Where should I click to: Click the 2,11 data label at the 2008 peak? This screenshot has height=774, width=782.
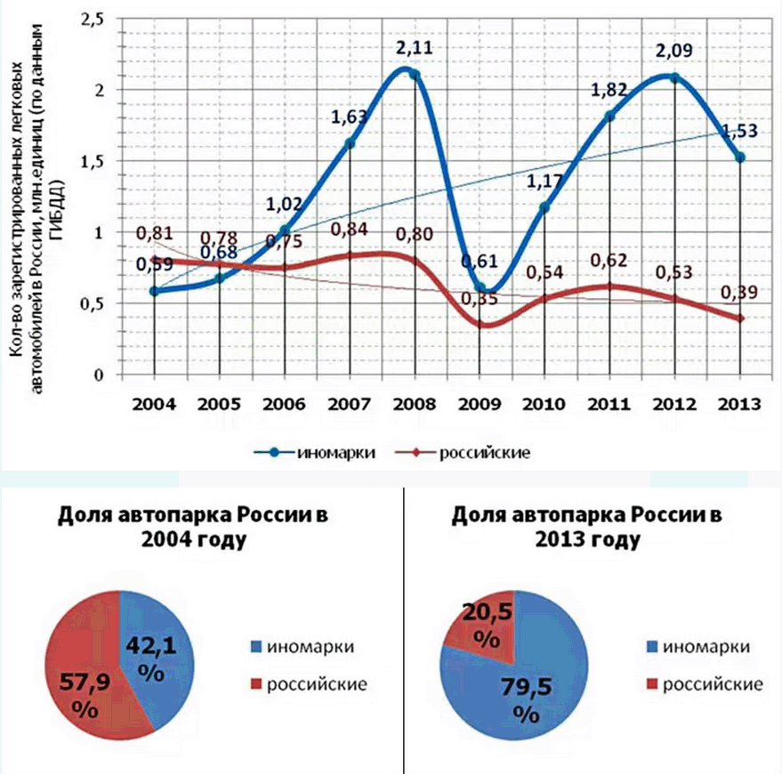coord(415,47)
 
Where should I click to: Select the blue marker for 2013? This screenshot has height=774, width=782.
coord(740,157)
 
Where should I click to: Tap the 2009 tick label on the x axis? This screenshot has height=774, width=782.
coord(480,404)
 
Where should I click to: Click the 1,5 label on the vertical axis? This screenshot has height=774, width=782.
coord(94,161)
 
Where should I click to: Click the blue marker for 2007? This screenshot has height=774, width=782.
coord(350,143)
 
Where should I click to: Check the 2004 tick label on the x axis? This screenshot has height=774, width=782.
coord(154,404)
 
